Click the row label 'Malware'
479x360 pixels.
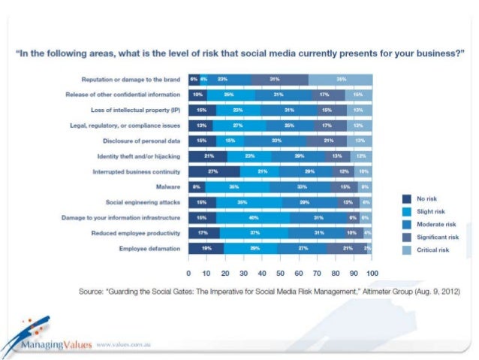[167, 186]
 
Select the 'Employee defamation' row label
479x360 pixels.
[150, 248]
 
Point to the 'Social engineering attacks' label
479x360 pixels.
[143, 202]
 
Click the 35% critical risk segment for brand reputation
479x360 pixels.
[341, 79]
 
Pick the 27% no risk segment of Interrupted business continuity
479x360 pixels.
[213, 171]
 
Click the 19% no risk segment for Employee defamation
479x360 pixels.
[206, 248]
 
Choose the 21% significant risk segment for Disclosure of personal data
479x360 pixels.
[329, 141]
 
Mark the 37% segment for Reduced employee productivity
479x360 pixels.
[255, 233]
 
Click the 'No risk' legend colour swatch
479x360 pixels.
[407, 199]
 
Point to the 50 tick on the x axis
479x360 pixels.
[280, 271]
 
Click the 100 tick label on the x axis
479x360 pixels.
[372, 271]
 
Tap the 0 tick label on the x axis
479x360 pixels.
[188, 271]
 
